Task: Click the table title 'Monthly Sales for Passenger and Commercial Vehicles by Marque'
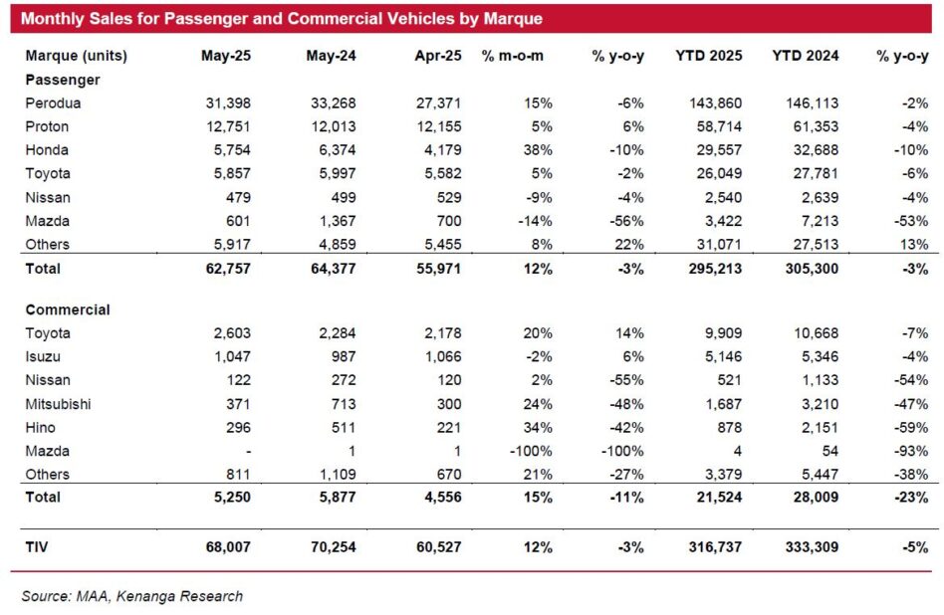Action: pos(281,19)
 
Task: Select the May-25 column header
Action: pos(226,56)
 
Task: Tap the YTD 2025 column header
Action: pos(709,56)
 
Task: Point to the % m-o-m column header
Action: pos(513,56)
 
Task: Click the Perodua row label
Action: pos(53,102)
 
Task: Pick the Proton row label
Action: pos(47,126)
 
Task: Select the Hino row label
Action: pos(41,427)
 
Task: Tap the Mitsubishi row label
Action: pos(58,404)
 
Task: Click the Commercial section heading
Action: pos(68,309)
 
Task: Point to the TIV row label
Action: pos(36,547)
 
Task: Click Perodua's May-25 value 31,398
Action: pos(228,102)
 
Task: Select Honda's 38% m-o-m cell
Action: pos(538,150)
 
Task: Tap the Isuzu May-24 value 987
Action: pos(344,356)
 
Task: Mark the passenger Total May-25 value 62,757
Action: pos(228,269)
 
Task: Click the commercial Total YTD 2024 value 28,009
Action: pos(812,497)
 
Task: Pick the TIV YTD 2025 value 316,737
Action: pos(715,547)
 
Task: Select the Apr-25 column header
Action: pos(438,56)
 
